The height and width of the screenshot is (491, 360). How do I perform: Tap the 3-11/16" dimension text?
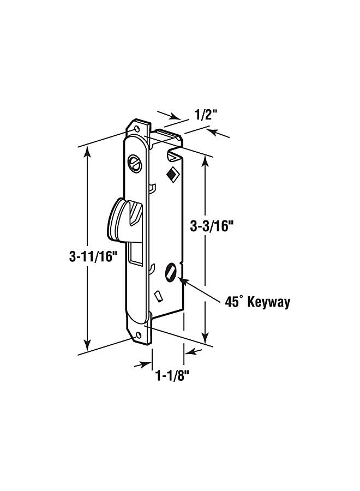click(x=94, y=257)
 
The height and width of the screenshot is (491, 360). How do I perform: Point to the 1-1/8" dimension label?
click(x=173, y=375)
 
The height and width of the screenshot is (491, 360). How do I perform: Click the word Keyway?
click(x=269, y=303)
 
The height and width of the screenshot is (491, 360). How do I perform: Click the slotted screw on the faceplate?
click(x=134, y=162)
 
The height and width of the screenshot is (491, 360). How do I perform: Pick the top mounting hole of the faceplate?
click(x=136, y=129)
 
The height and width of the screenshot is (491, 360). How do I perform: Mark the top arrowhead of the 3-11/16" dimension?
click(x=86, y=152)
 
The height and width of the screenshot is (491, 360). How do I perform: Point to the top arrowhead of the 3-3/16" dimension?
click(x=206, y=161)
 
